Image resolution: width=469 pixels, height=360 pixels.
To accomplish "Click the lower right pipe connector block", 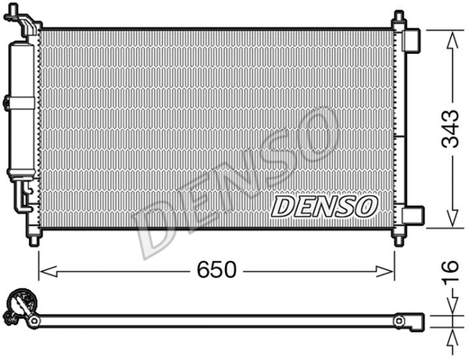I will pos(412,215).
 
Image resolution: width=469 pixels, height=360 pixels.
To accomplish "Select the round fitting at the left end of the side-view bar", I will pos(19,308).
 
